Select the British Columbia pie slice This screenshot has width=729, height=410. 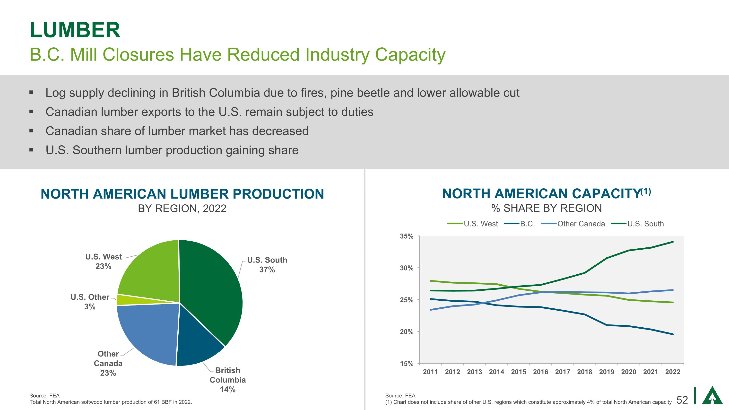coord(198,340)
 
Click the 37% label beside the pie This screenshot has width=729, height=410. coord(267,270)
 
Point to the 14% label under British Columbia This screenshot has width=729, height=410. coord(227,390)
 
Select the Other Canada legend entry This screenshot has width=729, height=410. coord(581,224)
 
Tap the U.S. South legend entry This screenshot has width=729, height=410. coord(645,224)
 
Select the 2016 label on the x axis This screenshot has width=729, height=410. coord(540,372)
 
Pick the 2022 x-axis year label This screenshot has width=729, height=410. coord(673,372)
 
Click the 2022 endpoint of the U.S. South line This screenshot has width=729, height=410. coord(673,242)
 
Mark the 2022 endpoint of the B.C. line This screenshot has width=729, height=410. coord(673,334)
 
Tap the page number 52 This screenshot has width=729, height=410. coord(682,400)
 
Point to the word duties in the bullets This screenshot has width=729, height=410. coord(357,112)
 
